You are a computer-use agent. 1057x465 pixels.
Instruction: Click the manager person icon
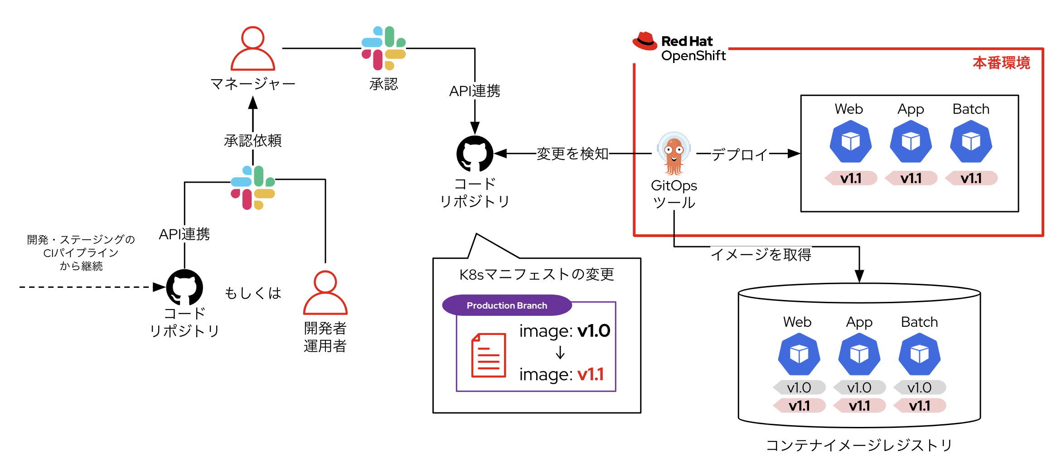(252, 48)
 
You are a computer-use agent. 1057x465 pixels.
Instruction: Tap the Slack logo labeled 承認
(383, 48)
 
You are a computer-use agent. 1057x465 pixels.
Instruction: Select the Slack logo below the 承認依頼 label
(252, 188)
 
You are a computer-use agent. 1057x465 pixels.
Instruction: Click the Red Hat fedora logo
(645, 41)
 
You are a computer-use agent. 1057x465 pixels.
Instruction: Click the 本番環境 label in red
(1001, 63)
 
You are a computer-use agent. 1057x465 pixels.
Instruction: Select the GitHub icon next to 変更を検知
(475, 154)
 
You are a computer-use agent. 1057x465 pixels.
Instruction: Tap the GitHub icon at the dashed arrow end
(184, 287)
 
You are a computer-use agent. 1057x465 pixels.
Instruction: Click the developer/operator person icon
(325, 293)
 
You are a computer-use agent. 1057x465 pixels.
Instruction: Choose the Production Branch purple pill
(507, 305)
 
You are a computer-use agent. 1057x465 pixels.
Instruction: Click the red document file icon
(488, 355)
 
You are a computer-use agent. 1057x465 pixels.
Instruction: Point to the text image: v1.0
(564, 331)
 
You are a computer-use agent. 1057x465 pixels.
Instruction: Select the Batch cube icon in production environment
(970, 142)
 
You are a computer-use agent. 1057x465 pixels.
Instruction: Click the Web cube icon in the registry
(799, 354)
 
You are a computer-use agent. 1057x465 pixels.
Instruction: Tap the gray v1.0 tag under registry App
(859, 387)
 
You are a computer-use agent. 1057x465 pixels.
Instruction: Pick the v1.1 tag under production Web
(851, 178)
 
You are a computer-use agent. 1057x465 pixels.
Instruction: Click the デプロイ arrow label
(740, 155)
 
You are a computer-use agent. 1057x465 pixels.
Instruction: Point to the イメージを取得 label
(761, 254)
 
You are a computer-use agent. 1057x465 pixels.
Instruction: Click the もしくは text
(253, 293)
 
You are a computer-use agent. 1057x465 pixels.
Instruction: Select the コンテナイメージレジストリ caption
(859, 445)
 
